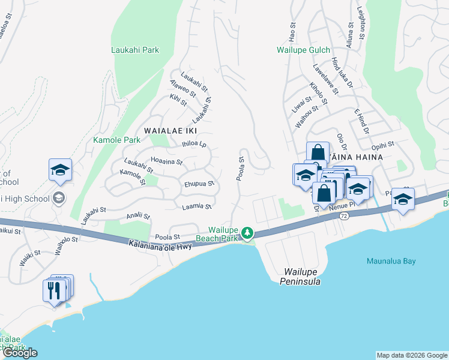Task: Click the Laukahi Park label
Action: pyautogui.click(x=135, y=50)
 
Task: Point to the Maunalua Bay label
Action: pyautogui.click(x=391, y=261)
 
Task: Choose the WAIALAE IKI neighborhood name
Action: pyautogui.click(x=170, y=130)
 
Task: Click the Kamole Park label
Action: pyautogui.click(x=116, y=140)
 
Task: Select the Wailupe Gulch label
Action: pyautogui.click(x=303, y=50)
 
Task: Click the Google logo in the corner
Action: pyautogui.click(x=20, y=353)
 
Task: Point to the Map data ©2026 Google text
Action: pyautogui.click(x=411, y=355)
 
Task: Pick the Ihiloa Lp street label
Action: pyautogui.click(x=194, y=144)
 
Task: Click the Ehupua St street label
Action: pyautogui.click(x=199, y=184)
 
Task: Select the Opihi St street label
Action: pyautogui.click(x=382, y=145)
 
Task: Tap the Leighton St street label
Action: pyautogui.click(x=361, y=24)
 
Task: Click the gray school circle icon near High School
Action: pyautogui.click(x=59, y=197)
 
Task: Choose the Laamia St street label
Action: pyautogui.click(x=197, y=206)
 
